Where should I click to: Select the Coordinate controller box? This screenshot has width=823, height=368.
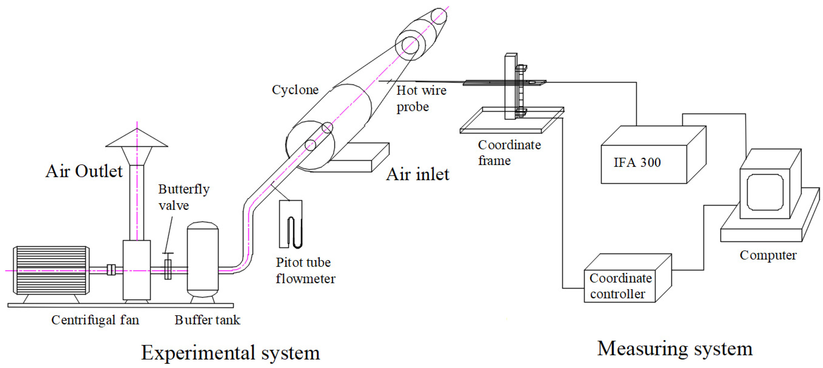pyautogui.click(x=619, y=286)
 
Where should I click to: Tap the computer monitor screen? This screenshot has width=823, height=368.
pyautogui.click(x=765, y=192)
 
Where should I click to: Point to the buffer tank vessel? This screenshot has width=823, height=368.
pyautogui.click(x=203, y=259)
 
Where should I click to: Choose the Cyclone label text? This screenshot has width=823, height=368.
pyautogui.click(x=295, y=90)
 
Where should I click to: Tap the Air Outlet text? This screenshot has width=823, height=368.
pyautogui.click(x=84, y=171)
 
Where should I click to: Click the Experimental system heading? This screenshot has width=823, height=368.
pyautogui.click(x=230, y=353)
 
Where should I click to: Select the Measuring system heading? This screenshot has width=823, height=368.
pyautogui.click(x=675, y=349)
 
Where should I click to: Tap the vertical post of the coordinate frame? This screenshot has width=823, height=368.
pyautogui.click(x=510, y=86)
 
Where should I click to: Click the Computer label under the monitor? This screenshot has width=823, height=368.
pyautogui.click(x=768, y=255)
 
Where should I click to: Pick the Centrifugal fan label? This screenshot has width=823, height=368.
pyautogui.click(x=95, y=320)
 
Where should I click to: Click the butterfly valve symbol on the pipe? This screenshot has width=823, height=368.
pyautogui.click(x=168, y=269)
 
